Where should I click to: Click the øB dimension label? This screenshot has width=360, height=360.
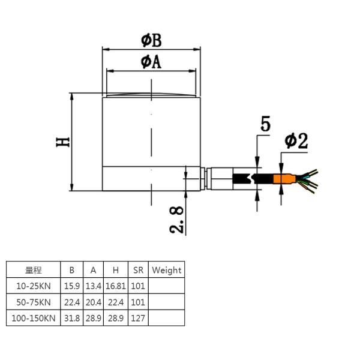[x=151, y=41]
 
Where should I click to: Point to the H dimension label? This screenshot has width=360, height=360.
[x=63, y=142]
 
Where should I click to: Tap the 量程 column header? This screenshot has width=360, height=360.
[x=33, y=270]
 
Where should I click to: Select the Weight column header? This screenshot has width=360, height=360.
[x=166, y=270]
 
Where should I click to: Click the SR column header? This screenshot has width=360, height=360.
[x=138, y=270]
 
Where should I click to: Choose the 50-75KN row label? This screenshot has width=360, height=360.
[x=33, y=302]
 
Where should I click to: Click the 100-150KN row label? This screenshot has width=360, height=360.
[x=33, y=318]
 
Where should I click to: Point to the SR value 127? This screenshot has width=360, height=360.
[x=138, y=318]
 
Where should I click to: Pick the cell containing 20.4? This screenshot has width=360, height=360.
[x=93, y=302]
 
